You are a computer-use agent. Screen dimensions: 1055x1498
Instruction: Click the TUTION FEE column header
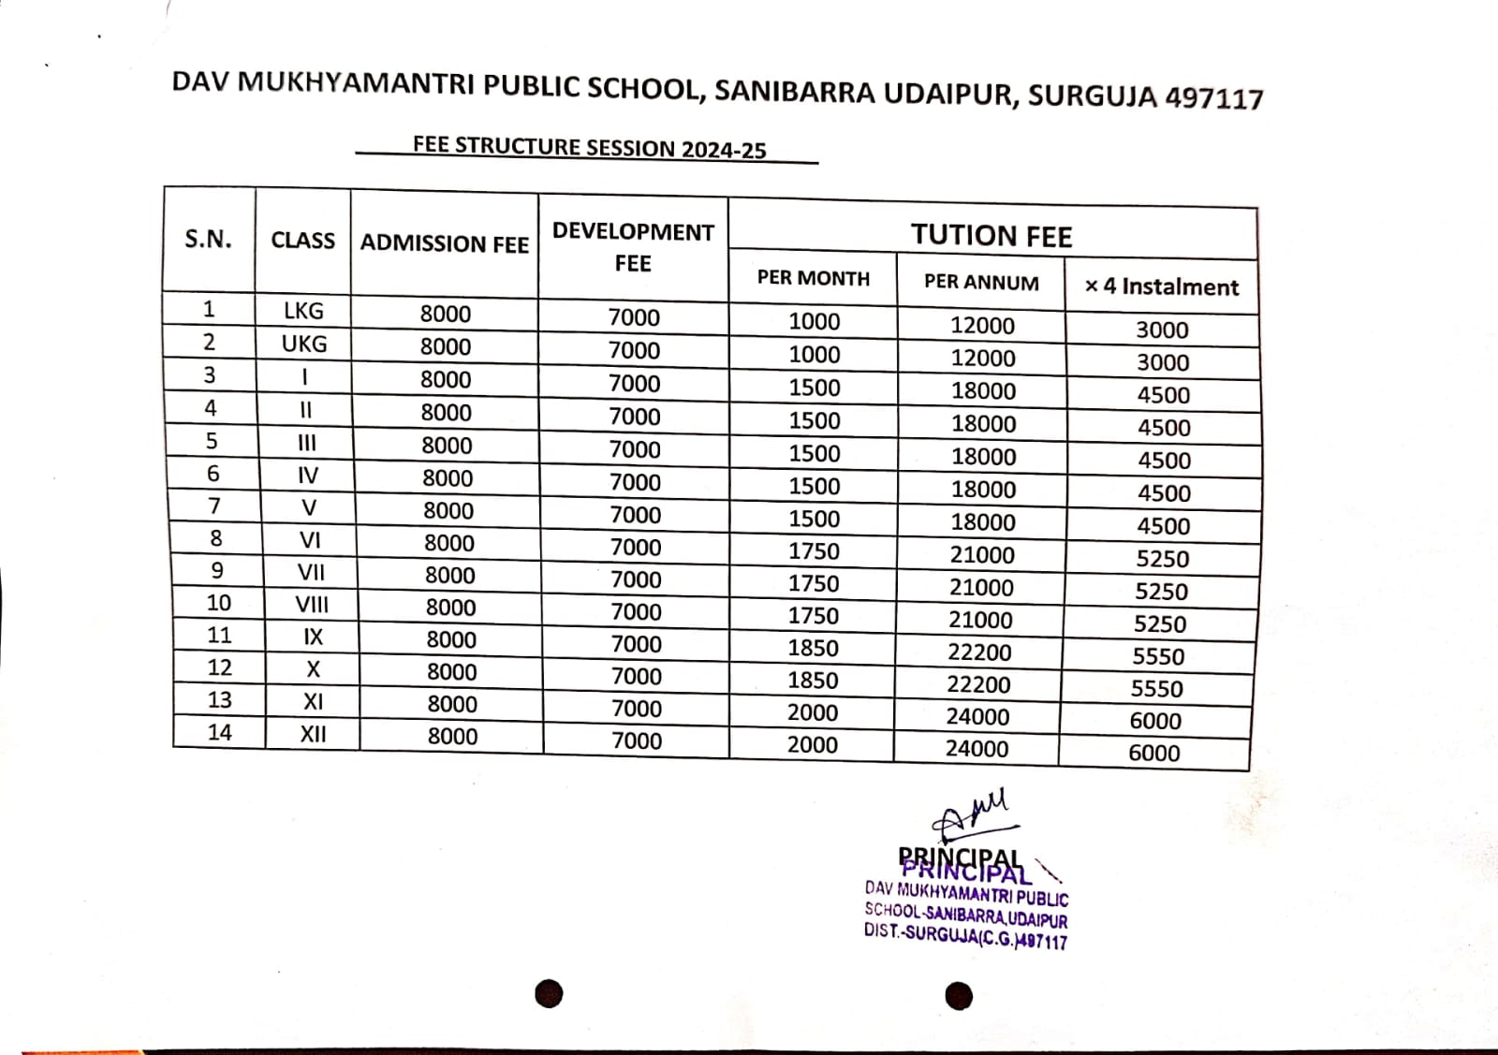click(991, 235)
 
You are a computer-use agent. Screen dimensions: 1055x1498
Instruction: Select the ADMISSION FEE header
click(445, 243)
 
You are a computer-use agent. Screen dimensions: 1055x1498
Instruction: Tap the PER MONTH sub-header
click(813, 278)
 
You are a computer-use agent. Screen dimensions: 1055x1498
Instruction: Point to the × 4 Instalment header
click(1161, 286)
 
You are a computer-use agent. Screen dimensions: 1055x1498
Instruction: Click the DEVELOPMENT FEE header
click(633, 247)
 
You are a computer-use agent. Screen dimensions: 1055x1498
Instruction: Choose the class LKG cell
click(303, 311)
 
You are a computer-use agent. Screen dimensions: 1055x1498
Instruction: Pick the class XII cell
click(313, 734)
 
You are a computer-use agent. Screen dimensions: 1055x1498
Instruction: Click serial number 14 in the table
click(219, 732)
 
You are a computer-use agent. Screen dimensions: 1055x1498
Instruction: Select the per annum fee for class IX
click(979, 652)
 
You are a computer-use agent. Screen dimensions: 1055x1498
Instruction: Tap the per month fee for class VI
click(814, 551)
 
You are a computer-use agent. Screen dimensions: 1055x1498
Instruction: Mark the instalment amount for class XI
click(1155, 721)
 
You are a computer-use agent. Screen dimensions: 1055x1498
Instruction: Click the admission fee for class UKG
click(446, 346)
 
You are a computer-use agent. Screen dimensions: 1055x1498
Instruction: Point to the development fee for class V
click(636, 515)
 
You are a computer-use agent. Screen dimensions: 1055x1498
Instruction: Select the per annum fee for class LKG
click(982, 326)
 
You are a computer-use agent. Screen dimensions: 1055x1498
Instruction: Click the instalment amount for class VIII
click(1160, 623)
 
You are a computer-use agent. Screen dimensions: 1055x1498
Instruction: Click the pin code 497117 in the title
click(1214, 98)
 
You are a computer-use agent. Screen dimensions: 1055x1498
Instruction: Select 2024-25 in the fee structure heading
click(724, 150)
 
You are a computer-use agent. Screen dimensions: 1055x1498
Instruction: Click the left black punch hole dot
click(550, 993)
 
